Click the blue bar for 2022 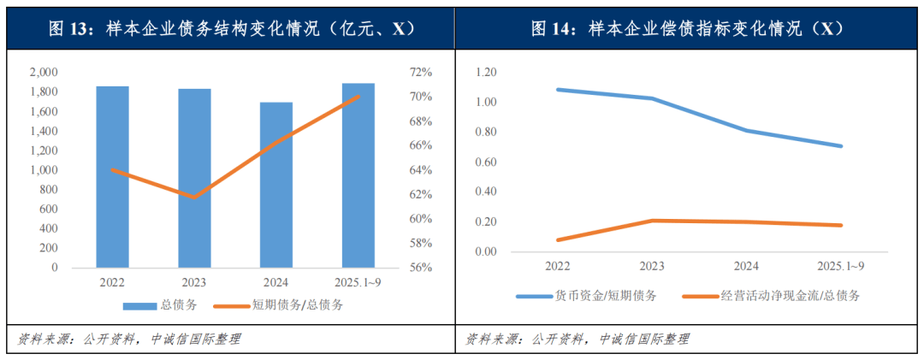click(x=112, y=176)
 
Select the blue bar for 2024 click(x=276, y=185)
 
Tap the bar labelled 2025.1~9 click(x=358, y=175)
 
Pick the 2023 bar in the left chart click(x=194, y=178)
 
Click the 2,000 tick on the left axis click(x=44, y=73)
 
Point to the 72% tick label click(x=421, y=73)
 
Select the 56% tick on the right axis click(x=421, y=268)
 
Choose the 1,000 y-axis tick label click(x=44, y=170)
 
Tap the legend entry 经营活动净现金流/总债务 click(x=770, y=296)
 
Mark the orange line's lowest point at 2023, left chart click(x=194, y=198)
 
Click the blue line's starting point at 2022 click(x=557, y=89)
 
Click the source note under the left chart click(x=129, y=339)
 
